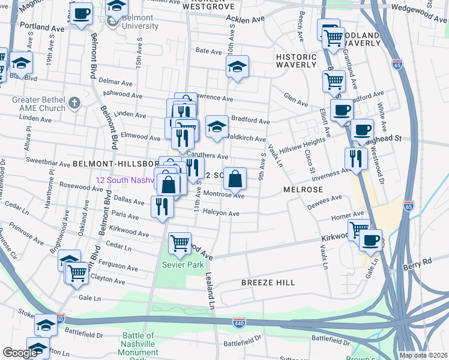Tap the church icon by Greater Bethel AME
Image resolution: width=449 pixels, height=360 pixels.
pos(74,103)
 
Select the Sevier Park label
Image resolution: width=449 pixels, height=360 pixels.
pos(186,265)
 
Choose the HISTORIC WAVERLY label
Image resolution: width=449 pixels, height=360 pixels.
pos(296,61)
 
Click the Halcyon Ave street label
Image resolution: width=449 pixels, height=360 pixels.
pos(221,213)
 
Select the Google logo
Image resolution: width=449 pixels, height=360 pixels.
pos(20,353)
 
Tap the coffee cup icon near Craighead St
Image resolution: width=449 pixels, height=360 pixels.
pos(362,130)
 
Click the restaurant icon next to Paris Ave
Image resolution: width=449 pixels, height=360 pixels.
pos(162,206)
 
